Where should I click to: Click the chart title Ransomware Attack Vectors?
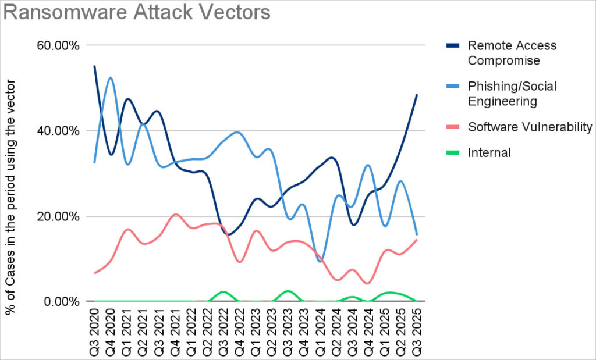[137, 12]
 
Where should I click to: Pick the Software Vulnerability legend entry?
[530, 127]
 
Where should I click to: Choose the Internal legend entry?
[489, 153]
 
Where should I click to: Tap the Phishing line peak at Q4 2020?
[111, 78]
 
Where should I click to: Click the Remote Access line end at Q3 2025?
[417, 95]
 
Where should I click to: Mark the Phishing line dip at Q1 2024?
[320, 261]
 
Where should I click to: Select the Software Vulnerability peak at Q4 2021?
[176, 215]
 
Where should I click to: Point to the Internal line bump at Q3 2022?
[223, 291]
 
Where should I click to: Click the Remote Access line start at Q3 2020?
[95, 66]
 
